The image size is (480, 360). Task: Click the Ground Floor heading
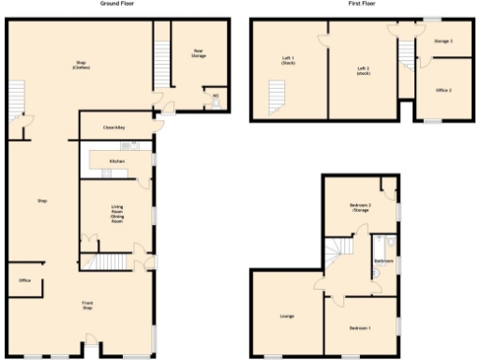coord(116,4)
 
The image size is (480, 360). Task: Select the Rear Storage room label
coord(199,53)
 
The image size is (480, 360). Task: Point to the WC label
coord(216,95)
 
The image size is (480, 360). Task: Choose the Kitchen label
coord(117,161)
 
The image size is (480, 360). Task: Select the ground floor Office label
coord(24,280)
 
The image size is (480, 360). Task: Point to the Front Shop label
coord(87,307)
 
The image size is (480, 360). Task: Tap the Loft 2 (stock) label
coord(363,70)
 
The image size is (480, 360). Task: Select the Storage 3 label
coord(443,41)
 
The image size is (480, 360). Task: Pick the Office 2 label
coord(443,90)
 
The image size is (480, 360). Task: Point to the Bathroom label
coord(382,261)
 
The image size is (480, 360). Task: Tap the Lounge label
coord(287,316)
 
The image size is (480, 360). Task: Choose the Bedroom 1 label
coord(360,328)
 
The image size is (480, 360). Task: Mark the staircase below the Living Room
coord(112,262)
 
